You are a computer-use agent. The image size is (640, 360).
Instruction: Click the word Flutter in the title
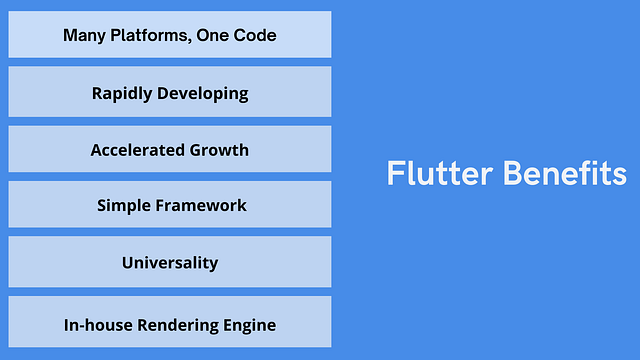click(x=439, y=174)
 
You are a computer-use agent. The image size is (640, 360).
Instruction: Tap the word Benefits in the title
click(x=564, y=174)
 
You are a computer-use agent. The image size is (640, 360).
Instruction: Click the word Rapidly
click(x=123, y=94)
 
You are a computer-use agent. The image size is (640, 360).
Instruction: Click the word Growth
click(x=219, y=150)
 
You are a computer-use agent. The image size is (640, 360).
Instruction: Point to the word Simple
click(x=122, y=206)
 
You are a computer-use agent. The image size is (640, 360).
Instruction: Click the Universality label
click(x=170, y=263)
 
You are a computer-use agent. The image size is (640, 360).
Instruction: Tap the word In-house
click(x=95, y=325)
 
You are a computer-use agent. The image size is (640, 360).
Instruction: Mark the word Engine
click(x=249, y=325)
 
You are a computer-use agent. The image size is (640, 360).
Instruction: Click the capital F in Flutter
click(x=394, y=174)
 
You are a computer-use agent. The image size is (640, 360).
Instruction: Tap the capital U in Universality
click(x=127, y=263)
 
